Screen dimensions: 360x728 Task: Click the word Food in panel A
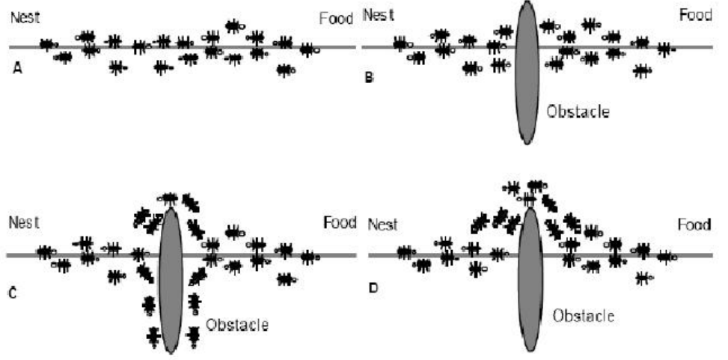(335, 18)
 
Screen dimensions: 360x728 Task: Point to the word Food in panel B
(696, 16)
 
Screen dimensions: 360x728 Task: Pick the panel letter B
(368, 76)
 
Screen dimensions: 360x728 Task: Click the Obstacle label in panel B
(578, 112)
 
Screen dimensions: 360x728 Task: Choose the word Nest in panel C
(24, 222)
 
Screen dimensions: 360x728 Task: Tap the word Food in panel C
(341, 222)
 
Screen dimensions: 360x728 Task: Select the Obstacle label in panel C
(236, 326)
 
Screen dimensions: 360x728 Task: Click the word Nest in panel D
(383, 225)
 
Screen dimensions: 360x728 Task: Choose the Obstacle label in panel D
(584, 316)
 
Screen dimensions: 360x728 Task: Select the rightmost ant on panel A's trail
(309, 49)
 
